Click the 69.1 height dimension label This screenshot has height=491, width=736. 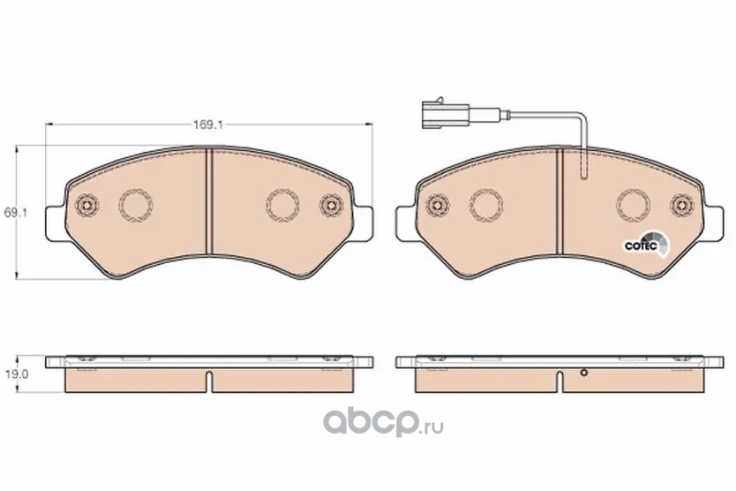(x=16, y=213)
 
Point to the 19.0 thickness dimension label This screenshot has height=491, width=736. (x=16, y=374)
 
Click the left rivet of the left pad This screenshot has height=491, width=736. (x=86, y=206)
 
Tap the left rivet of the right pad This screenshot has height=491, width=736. (x=438, y=206)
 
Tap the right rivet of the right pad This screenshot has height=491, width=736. (x=682, y=206)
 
